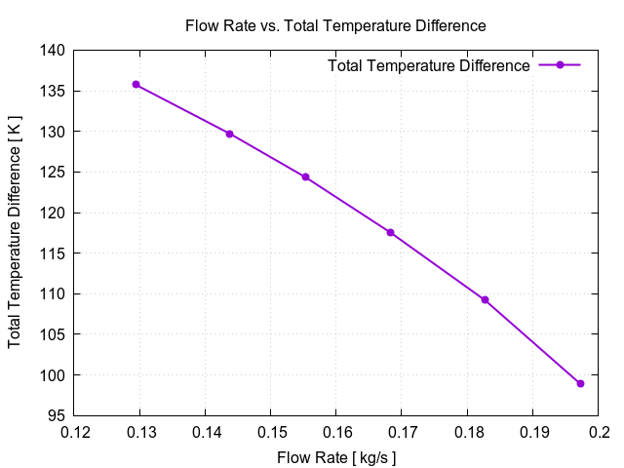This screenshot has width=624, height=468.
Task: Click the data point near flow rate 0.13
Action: click(136, 85)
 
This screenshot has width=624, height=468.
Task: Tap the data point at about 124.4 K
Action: click(305, 176)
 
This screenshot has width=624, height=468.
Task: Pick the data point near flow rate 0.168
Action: click(390, 232)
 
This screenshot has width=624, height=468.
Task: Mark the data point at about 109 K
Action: click(485, 299)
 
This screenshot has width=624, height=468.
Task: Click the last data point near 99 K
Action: click(580, 383)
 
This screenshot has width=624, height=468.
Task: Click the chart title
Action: click(335, 25)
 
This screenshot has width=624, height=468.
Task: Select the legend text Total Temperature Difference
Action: click(429, 65)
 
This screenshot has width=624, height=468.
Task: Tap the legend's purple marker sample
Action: click(560, 65)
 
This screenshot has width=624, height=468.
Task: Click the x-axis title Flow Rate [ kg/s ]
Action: click(335, 455)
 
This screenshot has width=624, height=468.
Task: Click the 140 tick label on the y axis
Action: click(54, 50)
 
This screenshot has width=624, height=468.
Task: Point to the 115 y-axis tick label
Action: click(54, 253)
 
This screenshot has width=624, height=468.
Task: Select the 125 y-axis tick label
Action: click(54, 172)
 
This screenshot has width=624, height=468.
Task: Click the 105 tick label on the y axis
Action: click(54, 334)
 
